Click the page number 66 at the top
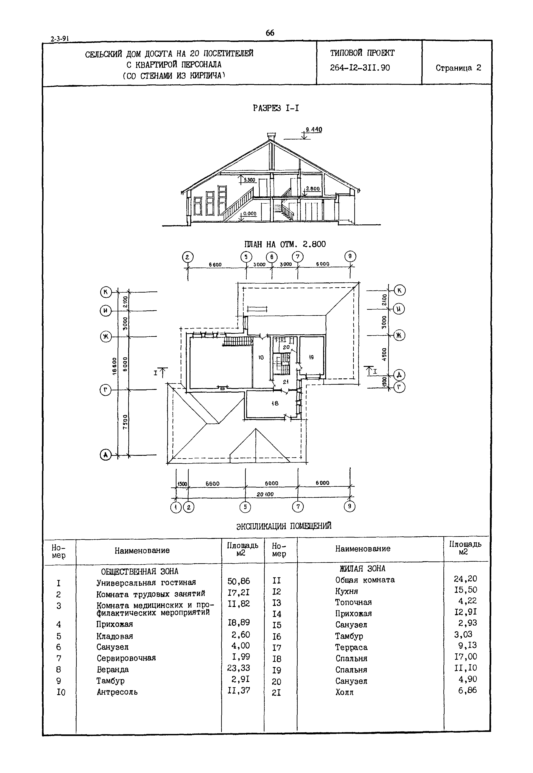point(270,33)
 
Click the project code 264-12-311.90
point(360,68)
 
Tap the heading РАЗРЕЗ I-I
point(276,108)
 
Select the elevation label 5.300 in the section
point(249,180)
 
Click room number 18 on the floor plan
point(275,403)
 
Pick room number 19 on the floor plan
point(311,357)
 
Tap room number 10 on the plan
point(261,357)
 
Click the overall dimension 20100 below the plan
point(265,494)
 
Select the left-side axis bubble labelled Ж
point(106,337)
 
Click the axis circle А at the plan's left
point(106,455)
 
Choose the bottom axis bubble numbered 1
point(175,507)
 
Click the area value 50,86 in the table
point(239,581)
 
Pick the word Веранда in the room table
point(113,669)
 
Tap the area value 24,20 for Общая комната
point(465,579)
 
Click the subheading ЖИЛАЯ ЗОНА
point(362,568)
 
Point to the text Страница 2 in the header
point(458,68)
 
